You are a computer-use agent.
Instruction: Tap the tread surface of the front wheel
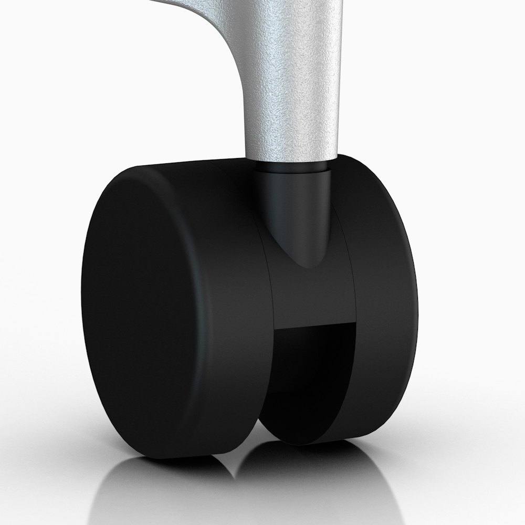231,315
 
